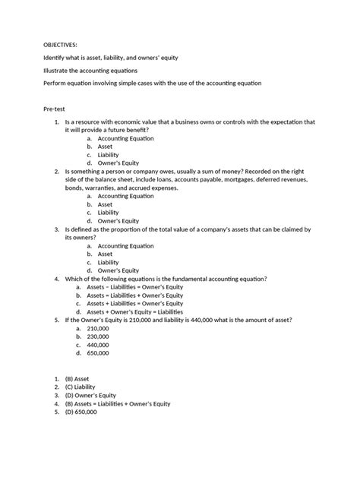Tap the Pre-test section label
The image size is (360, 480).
(x=55, y=109)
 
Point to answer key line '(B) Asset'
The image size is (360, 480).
(x=83, y=377)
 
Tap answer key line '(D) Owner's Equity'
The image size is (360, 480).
(x=96, y=394)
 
